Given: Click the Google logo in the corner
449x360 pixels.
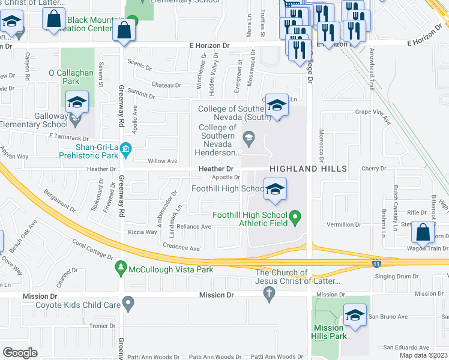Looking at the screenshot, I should (20, 353).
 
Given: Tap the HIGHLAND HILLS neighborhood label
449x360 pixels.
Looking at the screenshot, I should (308, 169).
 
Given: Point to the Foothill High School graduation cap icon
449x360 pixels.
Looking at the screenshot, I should (275, 190).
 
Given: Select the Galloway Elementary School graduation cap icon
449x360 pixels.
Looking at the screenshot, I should (77, 103).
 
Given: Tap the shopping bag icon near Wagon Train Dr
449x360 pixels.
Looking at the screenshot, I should (423, 232).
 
